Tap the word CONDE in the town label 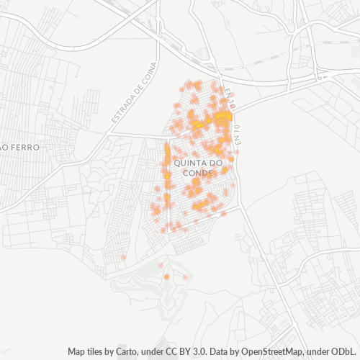pos(198,174)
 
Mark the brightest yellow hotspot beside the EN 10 pos(225,116)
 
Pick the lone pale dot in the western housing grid pos(123,257)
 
